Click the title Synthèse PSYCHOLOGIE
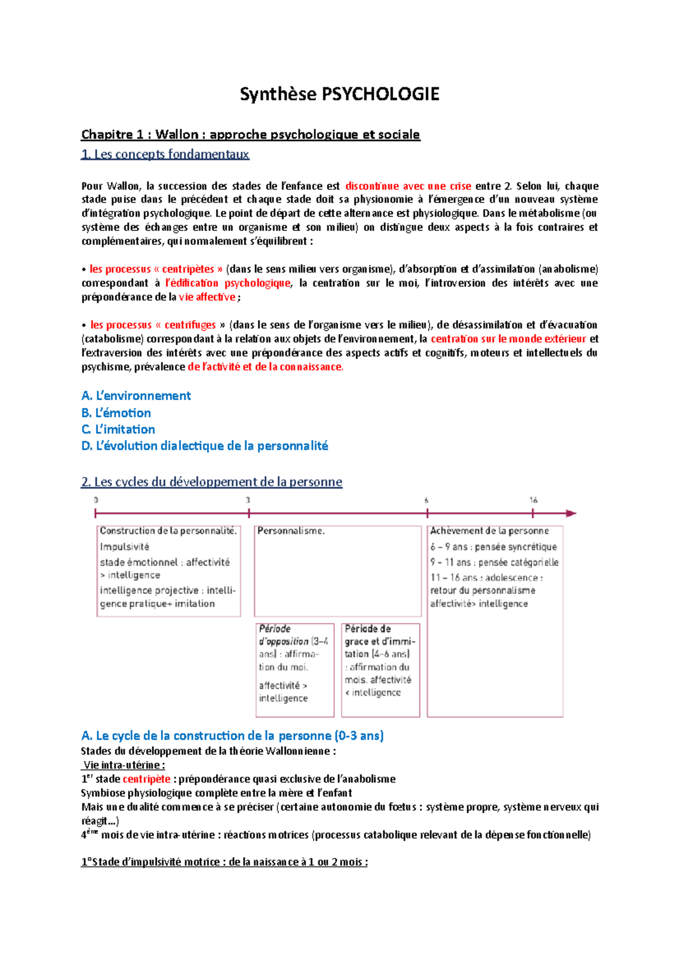tap(339, 94)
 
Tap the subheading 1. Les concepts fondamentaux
tap(165, 154)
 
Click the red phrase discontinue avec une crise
tap(408, 186)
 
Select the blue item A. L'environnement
tap(136, 396)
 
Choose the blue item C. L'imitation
tap(118, 429)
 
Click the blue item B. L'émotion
tap(116, 413)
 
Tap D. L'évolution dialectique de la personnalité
tap(204, 446)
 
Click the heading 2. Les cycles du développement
tap(212, 482)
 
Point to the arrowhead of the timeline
tap(571, 513)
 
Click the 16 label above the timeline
tap(533, 500)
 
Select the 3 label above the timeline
tap(248, 500)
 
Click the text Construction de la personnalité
tap(168, 531)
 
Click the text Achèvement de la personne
tap(489, 531)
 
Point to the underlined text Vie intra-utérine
tap(123, 765)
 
